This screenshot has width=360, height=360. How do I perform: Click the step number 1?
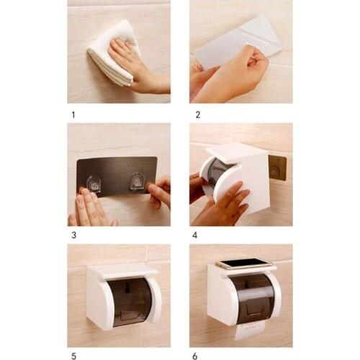point(72,114)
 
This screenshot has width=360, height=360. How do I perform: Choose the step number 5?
point(72,356)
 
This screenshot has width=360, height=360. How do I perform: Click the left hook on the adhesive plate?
point(94,184)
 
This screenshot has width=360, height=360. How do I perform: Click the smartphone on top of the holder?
point(245,264)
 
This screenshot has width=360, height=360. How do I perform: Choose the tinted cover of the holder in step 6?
point(252,297)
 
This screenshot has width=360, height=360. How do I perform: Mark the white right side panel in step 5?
point(154,299)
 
